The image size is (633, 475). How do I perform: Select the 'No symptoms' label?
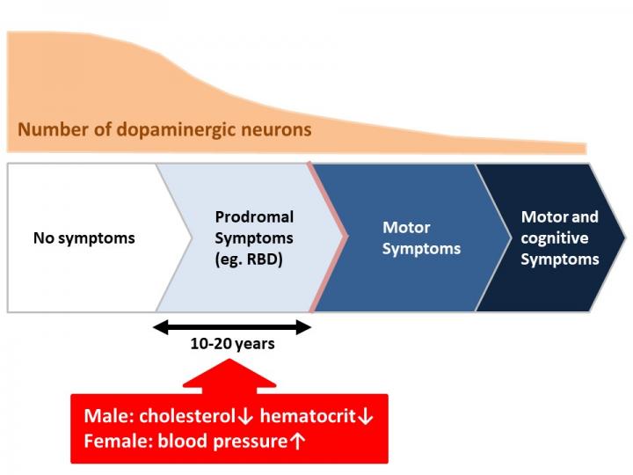[84, 237]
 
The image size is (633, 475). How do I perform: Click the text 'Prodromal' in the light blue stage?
[254, 216]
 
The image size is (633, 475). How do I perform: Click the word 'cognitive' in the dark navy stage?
[555, 237]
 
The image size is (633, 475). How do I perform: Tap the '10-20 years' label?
[232, 344]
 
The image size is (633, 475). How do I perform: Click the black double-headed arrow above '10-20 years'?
[232, 328]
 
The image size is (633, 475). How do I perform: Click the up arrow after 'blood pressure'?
[297, 442]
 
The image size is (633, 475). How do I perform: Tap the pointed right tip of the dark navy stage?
[624, 237]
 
